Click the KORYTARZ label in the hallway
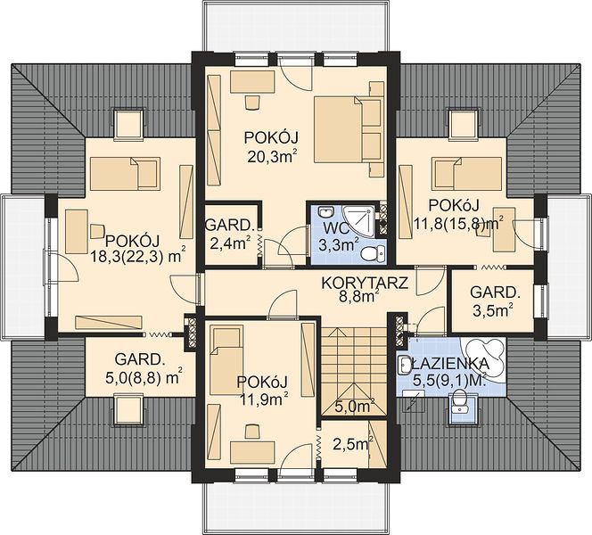tap(365, 283)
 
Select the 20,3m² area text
tap(271, 156)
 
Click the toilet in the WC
tap(372, 252)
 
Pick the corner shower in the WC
tap(360, 221)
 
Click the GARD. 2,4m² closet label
tap(229, 235)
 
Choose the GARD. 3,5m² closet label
tap(493, 301)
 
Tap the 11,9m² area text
tap(264, 399)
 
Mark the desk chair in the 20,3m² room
tap(252, 103)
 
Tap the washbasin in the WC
tap(325, 212)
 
